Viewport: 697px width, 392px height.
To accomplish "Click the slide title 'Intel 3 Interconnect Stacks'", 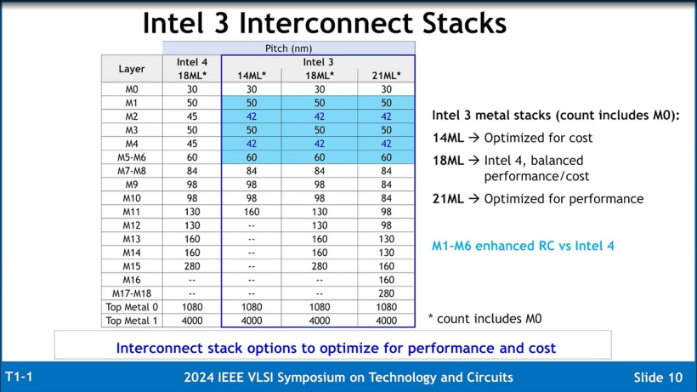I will (324, 23).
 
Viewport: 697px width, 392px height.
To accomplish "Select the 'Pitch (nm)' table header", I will (289, 48).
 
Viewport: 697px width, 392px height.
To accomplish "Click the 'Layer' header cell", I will (132, 69).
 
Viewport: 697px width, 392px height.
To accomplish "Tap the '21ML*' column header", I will (387, 76).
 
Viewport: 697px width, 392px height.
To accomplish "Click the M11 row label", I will (132, 212).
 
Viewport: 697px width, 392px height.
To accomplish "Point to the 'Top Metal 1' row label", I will (132, 321).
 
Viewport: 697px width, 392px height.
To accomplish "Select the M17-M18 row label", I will (132, 293).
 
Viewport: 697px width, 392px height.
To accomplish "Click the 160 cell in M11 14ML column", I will (252, 212).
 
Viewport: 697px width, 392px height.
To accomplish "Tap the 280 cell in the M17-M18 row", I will (387, 293).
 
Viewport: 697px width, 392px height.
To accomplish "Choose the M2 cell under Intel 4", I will (192, 116).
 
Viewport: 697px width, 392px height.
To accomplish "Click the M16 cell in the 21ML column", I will (387, 280).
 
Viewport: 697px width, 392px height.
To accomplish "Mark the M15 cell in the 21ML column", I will (387, 266).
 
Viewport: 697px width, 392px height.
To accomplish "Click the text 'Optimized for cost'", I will (538, 138).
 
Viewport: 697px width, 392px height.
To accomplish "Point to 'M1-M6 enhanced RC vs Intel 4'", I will (523, 246).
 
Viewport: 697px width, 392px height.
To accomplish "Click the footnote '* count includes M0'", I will (484, 319).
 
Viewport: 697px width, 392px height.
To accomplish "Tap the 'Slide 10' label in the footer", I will (658, 377).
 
